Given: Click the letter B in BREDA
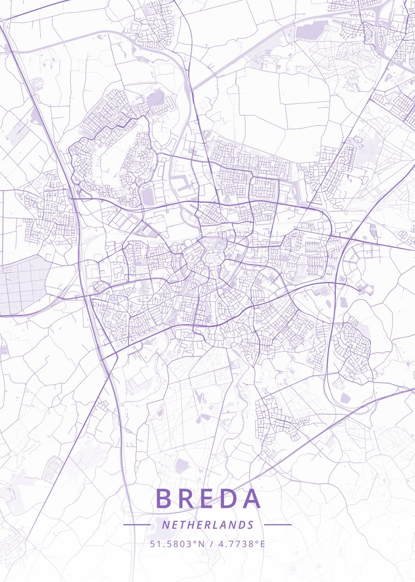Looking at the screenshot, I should click(x=165, y=499).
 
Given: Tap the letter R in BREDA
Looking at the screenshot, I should click(x=186, y=499).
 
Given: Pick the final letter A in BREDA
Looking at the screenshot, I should click(x=252, y=499).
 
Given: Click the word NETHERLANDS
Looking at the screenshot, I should click(x=208, y=525).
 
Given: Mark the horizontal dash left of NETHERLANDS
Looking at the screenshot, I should click(x=137, y=525).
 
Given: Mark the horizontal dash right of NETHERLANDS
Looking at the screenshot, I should click(x=278, y=525).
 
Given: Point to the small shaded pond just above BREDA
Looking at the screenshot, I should click(x=181, y=466).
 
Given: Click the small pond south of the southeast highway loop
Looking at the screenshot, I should click(x=345, y=398).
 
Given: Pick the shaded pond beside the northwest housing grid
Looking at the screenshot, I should click(x=155, y=98).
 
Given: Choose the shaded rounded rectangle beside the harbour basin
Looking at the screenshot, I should click(x=148, y=195).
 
